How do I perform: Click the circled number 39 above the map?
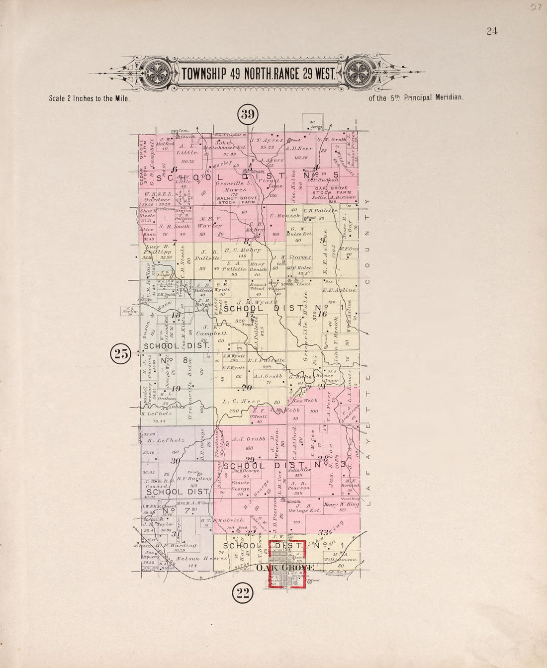pyautogui.click(x=248, y=115)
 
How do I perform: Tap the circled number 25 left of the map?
pyautogui.click(x=121, y=354)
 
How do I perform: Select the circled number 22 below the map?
pyautogui.click(x=244, y=592)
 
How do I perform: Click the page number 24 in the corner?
pyautogui.click(x=492, y=31)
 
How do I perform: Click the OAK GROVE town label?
pyautogui.click(x=285, y=568)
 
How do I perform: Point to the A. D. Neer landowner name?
pyautogui.click(x=300, y=149)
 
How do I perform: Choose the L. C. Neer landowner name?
pyautogui.click(x=235, y=401)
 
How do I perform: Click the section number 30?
pyautogui.click(x=175, y=461)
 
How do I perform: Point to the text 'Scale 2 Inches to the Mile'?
pyautogui.click(x=90, y=98)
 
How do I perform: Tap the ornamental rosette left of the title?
pyautogui.click(x=159, y=74)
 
